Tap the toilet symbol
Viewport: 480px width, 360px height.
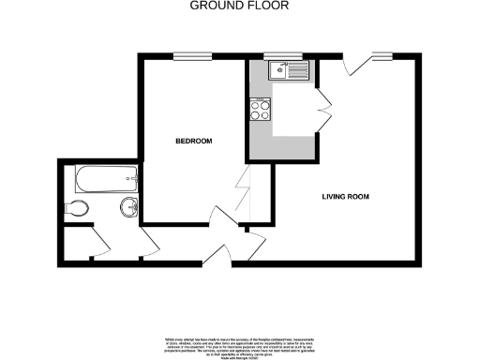click(x=80, y=207)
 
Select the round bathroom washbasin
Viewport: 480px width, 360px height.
click(x=128, y=206)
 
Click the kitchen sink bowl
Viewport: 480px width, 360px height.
click(x=279, y=69)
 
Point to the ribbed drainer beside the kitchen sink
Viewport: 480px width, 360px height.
click(x=298, y=69)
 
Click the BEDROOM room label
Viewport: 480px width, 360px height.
click(x=195, y=142)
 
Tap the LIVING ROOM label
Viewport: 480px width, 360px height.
click(x=346, y=198)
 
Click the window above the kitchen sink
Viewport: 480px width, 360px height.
click(x=276, y=57)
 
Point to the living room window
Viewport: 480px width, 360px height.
click(x=381, y=57)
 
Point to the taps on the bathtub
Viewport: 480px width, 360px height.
click(x=135, y=175)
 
